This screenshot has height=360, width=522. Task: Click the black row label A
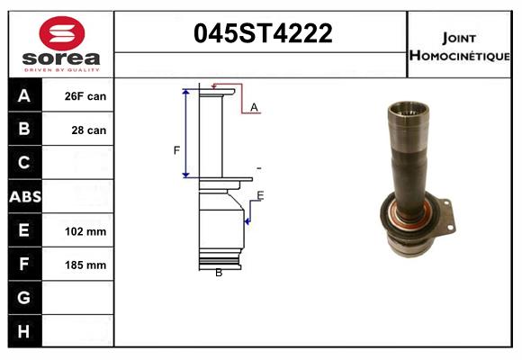[x=24, y=96]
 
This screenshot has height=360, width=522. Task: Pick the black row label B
[x=24, y=130]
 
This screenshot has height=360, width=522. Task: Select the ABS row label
[x=24, y=196]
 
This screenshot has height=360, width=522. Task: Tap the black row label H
[x=24, y=330]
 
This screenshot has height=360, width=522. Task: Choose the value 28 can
[x=89, y=130]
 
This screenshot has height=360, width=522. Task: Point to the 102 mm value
[x=85, y=231]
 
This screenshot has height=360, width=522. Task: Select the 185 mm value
[x=85, y=265]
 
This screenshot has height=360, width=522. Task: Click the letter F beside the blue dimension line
[x=176, y=150]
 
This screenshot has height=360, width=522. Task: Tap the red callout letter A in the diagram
[x=254, y=108]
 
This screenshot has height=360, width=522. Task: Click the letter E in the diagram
[x=260, y=196]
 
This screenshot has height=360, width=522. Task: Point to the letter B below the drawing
[x=219, y=273]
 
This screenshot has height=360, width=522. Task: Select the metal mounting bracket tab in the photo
[x=450, y=217]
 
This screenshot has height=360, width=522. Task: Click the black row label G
[x=24, y=297]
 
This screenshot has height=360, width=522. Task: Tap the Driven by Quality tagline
[x=61, y=69]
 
